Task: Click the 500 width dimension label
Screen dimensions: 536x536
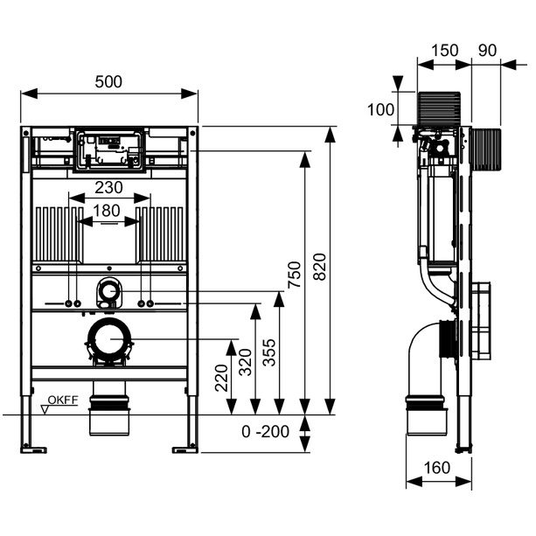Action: point(109,81)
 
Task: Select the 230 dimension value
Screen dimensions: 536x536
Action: point(109,187)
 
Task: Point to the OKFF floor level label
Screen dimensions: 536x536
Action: point(62,400)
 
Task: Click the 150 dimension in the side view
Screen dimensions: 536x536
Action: point(445,51)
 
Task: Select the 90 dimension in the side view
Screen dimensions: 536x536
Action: point(488,51)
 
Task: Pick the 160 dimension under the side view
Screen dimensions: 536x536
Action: point(435,468)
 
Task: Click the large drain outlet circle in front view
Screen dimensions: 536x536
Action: point(109,339)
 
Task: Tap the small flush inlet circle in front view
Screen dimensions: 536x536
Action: point(109,289)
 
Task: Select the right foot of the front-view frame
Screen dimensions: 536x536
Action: point(186,448)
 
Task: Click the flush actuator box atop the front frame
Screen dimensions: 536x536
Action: point(109,150)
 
